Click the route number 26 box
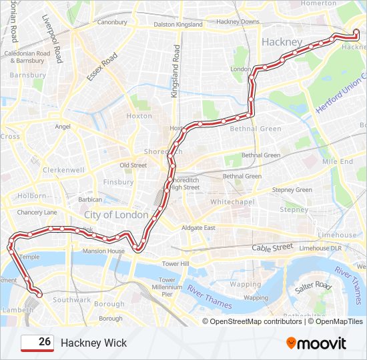click(x=37, y=343)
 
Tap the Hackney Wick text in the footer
click(x=93, y=343)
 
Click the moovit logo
click(x=316, y=343)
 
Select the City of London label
click(x=116, y=215)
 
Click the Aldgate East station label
click(x=199, y=228)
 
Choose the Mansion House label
click(x=103, y=251)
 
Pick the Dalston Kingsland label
click(x=178, y=24)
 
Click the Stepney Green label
click(x=292, y=190)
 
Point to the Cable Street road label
click(x=272, y=247)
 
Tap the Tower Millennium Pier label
click(x=167, y=287)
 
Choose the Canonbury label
click(x=112, y=22)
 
